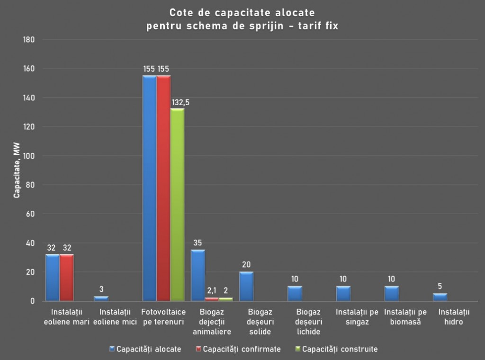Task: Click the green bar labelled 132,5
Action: click(178, 205)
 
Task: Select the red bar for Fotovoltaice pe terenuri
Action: click(163, 188)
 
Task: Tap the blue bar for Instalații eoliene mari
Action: click(52, 278)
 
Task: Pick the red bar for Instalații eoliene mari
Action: click(67, 278)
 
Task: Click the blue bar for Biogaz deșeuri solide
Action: click(246, 286)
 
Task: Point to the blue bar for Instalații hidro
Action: click(440, 297)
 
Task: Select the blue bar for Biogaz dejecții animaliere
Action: click(198, 275)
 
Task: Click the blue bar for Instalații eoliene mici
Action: click(101, 298)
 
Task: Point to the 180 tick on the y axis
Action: click(29, 40)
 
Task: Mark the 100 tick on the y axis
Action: click(29, 156)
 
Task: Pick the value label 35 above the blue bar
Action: click(198, 243)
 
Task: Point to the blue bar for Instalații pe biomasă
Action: click(392, 293)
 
